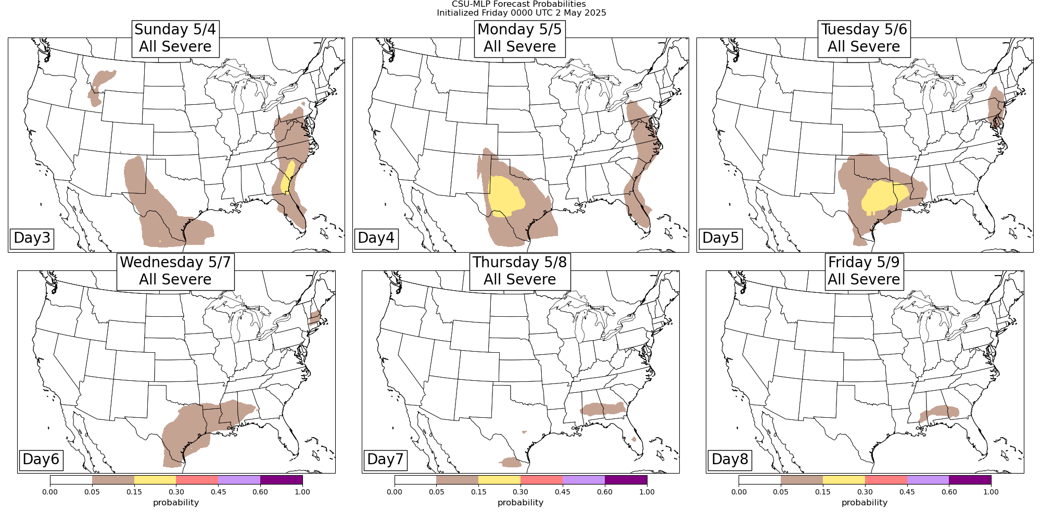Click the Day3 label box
pos(32,238)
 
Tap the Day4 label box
pos(376,238)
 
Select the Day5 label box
pos(720,238)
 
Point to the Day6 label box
pos(41,459)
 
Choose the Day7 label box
pos(385,459)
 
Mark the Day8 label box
pos(730,459)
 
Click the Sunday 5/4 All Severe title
pos(175,38)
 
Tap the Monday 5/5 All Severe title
pos(519,38)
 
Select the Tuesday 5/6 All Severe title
pos(864,38)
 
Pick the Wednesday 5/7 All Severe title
pos(175,270)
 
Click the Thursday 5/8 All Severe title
pos(519,270)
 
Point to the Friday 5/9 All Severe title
pos(864,270)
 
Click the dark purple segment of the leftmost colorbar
pos(281,480)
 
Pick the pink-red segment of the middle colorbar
pos(541,480)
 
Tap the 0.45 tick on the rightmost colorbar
pos(907,491)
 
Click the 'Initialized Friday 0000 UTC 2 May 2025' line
pos(521,13)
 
